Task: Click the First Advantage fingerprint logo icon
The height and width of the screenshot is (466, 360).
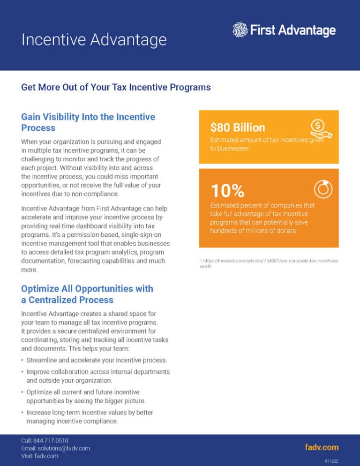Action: pyautogui.click(x=240, y=30)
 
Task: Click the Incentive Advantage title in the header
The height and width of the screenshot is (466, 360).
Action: pyautogui.click(x=94, y=39)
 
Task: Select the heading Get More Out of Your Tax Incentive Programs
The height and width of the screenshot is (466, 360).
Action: pyautogui.click(x=116, y=87)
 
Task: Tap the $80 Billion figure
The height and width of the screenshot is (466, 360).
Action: pyautogui.click(x=238, y=127)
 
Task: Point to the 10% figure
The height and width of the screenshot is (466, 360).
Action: pyautogui.click(x=227, y=190)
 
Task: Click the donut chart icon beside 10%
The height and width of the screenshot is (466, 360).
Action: pyautogui.click(x=323, y=188)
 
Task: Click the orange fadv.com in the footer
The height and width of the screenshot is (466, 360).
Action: pyautogui.click(x=322, y=447)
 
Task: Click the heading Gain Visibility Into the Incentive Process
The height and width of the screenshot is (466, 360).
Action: pyautogui.click(x=88, y=122)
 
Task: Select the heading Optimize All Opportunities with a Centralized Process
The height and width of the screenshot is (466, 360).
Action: pyautogui.click(x=87, y=294)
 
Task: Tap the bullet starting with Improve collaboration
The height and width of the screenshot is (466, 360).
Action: pyautogui.click(x=98, y=376)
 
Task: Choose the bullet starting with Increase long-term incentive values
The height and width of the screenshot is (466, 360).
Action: pyautogui.click(x=90, y=417)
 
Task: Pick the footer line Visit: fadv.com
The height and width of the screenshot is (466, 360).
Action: pyautogui.click(x=40, y=456)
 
